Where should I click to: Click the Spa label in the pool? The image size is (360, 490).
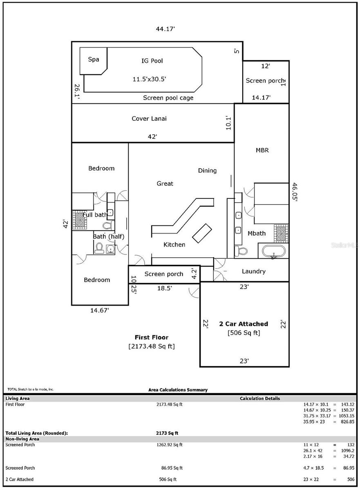pyautogui.click(x=94, y=59)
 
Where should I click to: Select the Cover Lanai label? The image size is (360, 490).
pyautogui.click(x=149, y=118)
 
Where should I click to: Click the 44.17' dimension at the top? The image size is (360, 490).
pyautogui.click(x=165, y=29)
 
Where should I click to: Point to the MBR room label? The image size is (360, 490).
pyautogui.click(x=262, y=150)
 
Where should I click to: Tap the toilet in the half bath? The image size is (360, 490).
pyautogui.click(x=99, y=247)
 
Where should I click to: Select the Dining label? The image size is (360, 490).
pyautogui.click(x=207, y=170)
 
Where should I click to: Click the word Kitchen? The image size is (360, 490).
pyautogui.click(x=174, y=245)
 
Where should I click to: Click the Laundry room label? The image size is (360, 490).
pyautogui.click(x=253, y=271)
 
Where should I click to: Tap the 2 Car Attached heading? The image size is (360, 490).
pyautogui.click(x=244, y=324)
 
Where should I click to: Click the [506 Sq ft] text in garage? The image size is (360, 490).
pyautogui.click(x=244, y=333)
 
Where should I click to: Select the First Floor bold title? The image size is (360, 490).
pyautogui.click(x=152, y=337)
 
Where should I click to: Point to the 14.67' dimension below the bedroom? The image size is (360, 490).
pyautogui.click(x=99, y=310)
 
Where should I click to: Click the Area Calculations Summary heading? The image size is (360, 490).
pyautogui.click(x=178, y=390)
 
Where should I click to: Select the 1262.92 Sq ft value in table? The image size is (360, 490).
pyautogui.click(x=170, y=445)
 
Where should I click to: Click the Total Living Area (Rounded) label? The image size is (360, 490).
pyautogui.click(x=36, y=433)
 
